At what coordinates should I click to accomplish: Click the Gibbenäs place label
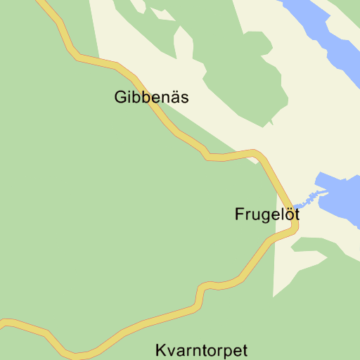pyautogui.click(x=151, y=98)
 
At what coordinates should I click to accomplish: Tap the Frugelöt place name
pyautogui.click(x=266, y=215)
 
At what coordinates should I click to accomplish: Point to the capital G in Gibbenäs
pyautogui.click(x=120, y=98)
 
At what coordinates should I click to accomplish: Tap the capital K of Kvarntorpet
pyautogui.click(x=160, y=350)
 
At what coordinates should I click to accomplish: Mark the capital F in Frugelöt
pyautogui.click(x=239, y=215)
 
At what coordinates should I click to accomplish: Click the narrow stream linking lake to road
pyautogui.click(x=306, y=198)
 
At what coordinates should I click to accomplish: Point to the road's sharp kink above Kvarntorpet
pyautogui.click(x=200, y=288)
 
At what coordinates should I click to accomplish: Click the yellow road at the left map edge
pyautogui.click(x=3, y=323)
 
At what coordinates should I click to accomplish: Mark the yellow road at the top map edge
pyautogui.click(x=43, y=3)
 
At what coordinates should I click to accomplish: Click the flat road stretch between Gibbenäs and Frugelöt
pyautogui.click(x=232, y=155)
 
